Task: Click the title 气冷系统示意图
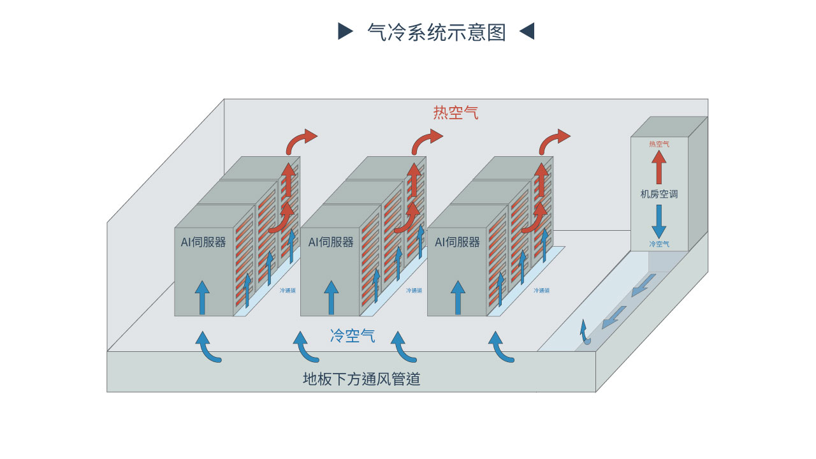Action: point(436,32)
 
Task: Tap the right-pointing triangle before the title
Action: point(345,31)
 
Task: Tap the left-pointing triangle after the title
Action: point(527,31)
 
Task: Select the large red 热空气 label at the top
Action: point(456,113)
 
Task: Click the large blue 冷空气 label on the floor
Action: point(353,336)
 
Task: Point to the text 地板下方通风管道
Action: point(361,379)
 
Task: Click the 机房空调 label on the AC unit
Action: point(659,194)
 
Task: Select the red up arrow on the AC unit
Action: point(659,167)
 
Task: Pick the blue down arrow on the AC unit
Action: point(659,221)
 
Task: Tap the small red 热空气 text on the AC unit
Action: point(659,144)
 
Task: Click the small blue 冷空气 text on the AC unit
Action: point(659,244)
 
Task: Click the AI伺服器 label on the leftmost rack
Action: point(203,242)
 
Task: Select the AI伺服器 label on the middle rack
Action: point(331,242)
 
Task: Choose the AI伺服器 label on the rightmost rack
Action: point(457,242)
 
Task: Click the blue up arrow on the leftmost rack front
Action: point(202,297)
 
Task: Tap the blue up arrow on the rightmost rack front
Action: point(458,297)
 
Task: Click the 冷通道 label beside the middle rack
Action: point(414,291)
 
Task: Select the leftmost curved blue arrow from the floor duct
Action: point(208,348)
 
